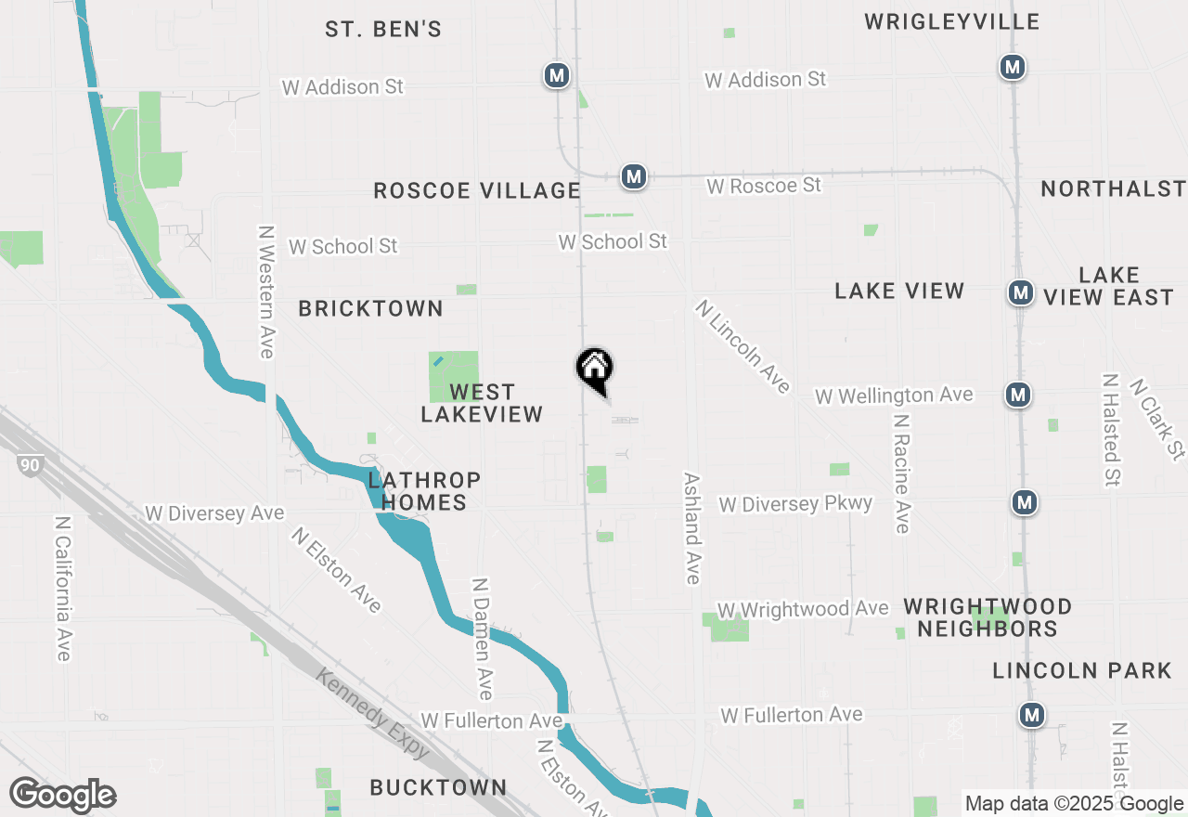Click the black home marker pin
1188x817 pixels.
pyautogui.click(x=595, y=369)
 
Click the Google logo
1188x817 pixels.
pyautogui.click(x=62, y=796)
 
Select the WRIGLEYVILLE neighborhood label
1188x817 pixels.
pyautogui.click(x=951, y=21)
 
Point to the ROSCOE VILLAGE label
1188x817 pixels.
pyautogui.click(x=476, y=190)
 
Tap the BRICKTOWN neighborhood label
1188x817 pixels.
pyautogui.click(x=370, y=308)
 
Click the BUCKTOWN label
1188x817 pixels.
pyautogui.click(x=438, y=787)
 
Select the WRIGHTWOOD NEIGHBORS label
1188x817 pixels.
pyautogui.click(x=988, y=617)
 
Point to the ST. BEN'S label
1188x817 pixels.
pyautogui.click(x=383, y=30)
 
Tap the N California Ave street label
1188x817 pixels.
pyautogui.click(x=62, y=589)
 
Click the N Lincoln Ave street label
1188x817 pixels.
pyautogui.click(x=742, y=345)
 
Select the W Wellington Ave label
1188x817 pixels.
pyautogui.click(x=894, y=396)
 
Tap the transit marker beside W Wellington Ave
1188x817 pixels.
pyautogui.click(x=1018, y=395)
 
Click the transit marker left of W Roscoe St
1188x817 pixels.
pyautogui.click(x=634, y=175)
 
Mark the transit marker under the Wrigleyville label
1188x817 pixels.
pyautogui.click(x=1012, y=67)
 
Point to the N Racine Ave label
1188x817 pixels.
pyautogui.click(x=900, y=473)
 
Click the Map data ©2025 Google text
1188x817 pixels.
pyautogui.click(x=1074, y=804)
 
